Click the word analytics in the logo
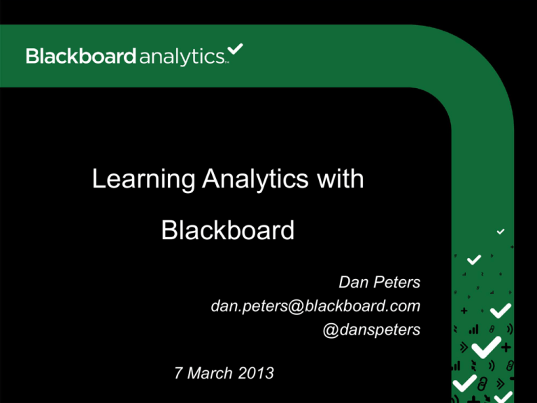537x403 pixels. coord(180,57)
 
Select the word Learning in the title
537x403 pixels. coord(145,180)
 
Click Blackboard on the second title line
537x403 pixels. coord(228,230)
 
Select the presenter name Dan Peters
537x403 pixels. coord(379,283)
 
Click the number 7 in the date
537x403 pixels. coord(179,374)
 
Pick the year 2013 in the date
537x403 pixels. coord(256,374)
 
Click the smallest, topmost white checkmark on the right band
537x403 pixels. coord(501,231)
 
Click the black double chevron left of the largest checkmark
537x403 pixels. coord(463,346)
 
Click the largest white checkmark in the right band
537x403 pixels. coord(487,346)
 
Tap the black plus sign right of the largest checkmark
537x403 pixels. coord(506,347)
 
